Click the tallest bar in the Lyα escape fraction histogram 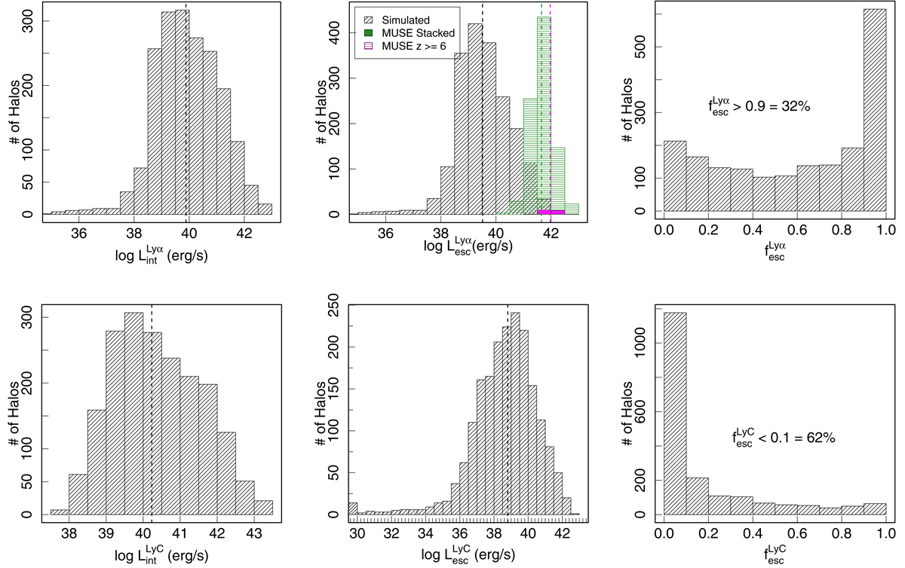click(x=874, y=113)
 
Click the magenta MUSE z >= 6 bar click(x=551, y=212)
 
